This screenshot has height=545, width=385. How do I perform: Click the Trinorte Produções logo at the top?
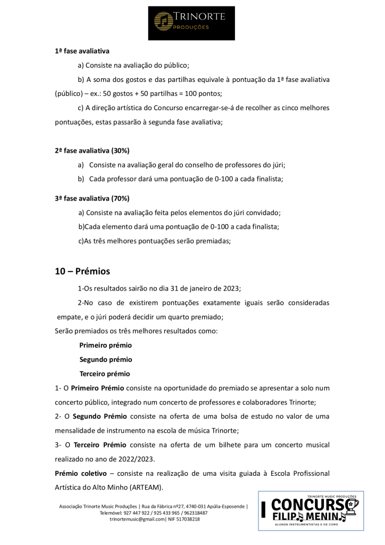191,20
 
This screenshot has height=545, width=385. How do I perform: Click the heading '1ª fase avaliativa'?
82,51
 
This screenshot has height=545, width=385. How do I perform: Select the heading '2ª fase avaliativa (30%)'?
92,151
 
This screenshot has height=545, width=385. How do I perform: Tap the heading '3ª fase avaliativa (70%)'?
92,199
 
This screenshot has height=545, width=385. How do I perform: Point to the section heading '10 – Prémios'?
82,271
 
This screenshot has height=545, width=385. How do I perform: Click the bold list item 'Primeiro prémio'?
105,345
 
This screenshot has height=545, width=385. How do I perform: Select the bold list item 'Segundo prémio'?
106,360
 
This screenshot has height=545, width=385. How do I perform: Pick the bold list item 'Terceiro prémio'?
105,374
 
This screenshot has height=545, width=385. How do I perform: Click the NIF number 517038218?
187,519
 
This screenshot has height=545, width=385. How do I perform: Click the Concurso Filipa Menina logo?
311,511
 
